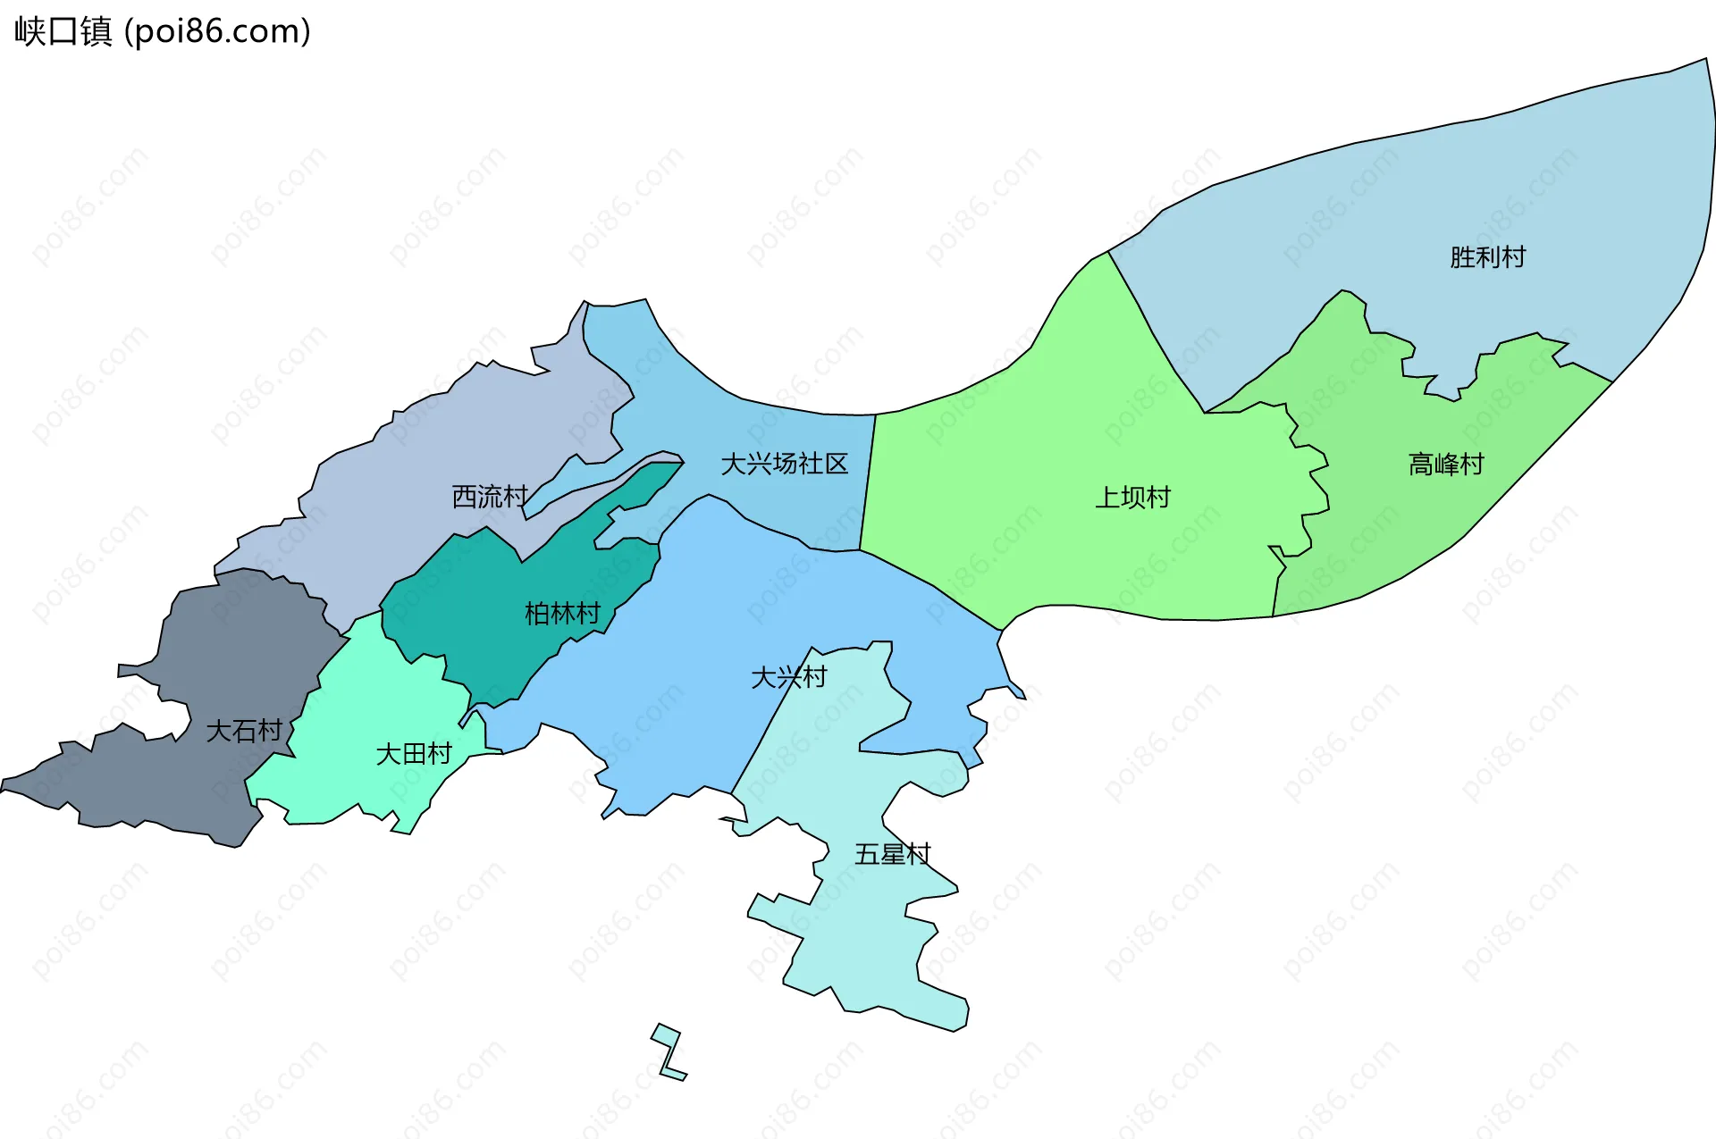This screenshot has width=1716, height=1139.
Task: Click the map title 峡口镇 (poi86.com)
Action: click(162, 31)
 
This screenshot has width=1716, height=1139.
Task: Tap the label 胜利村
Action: click(1487, 257)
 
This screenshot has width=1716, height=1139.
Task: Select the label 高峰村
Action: click(1445, 465)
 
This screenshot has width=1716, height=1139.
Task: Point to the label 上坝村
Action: click(1132, 498)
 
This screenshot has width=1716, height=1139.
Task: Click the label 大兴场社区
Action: click(784, 464)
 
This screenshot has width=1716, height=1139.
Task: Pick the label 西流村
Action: click(490, 497)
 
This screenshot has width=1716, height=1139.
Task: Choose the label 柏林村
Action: click(562, 614)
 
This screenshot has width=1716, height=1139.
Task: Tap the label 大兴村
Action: click(788, 677)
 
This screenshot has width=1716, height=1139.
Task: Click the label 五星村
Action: click(892, 855)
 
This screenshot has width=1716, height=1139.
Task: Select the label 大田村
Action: click(413, 754)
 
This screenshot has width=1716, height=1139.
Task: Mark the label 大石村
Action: click(243, 731)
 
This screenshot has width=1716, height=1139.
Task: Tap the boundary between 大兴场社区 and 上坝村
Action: click(868, 482)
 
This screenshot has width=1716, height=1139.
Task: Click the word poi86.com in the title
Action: click(217, 31)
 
